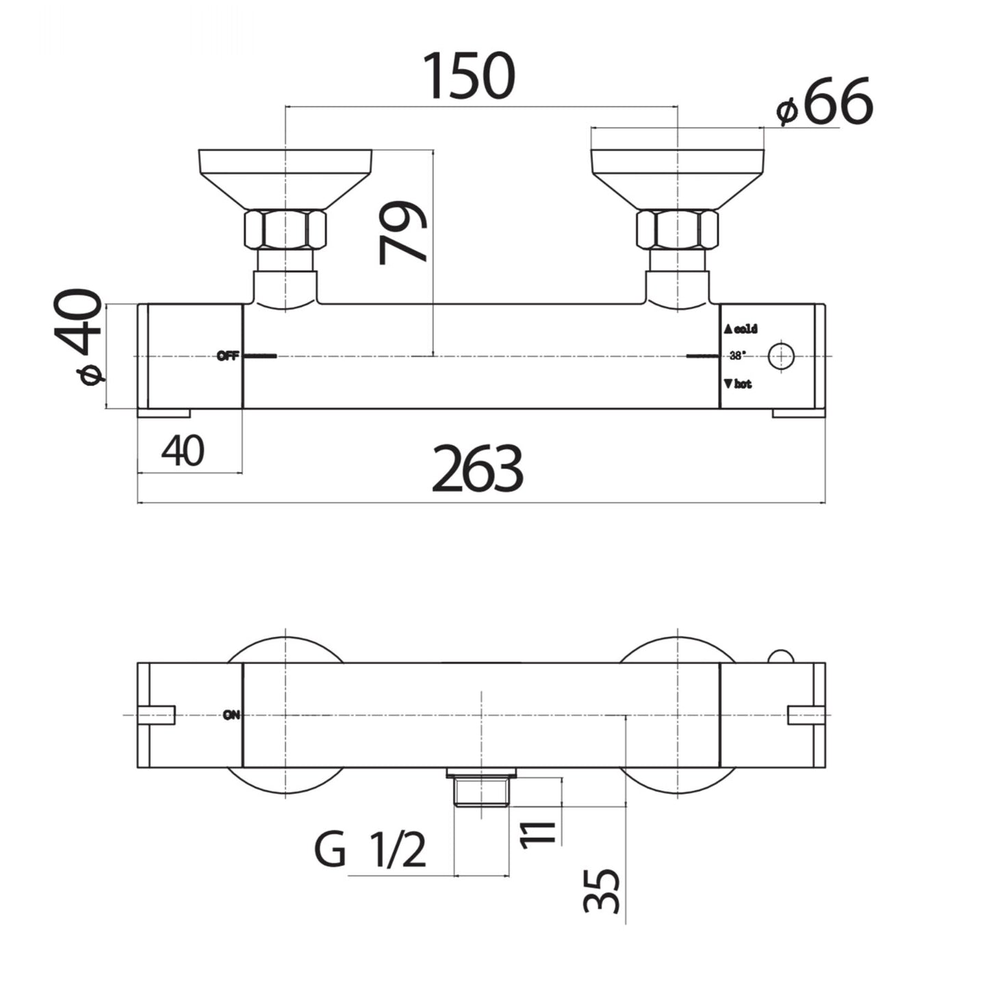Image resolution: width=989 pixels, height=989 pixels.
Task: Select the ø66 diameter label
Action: pos(825,103)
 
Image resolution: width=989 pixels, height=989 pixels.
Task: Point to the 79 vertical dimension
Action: pos(404,233)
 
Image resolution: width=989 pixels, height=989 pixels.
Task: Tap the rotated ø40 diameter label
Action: pos(81,337)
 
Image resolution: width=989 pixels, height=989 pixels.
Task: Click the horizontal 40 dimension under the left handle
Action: pos(183,452)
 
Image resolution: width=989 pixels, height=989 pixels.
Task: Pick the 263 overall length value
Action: pos(477,470)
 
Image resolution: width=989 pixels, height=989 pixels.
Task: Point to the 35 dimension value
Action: pos(602,890)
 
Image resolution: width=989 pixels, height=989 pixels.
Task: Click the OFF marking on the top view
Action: pos(227,356)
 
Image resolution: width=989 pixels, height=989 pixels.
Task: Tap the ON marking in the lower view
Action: pos(231,716)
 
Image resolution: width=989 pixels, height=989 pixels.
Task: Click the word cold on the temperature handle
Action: pos(745,329)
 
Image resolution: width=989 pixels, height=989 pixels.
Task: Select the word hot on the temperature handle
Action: pos(743,385)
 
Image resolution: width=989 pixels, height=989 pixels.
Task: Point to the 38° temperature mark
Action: pos(737,356)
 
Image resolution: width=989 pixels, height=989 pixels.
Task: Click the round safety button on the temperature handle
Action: pos(781,356)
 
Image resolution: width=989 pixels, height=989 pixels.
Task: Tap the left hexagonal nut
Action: pos(285,229)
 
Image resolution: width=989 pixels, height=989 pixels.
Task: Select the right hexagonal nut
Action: pos(677,229)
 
